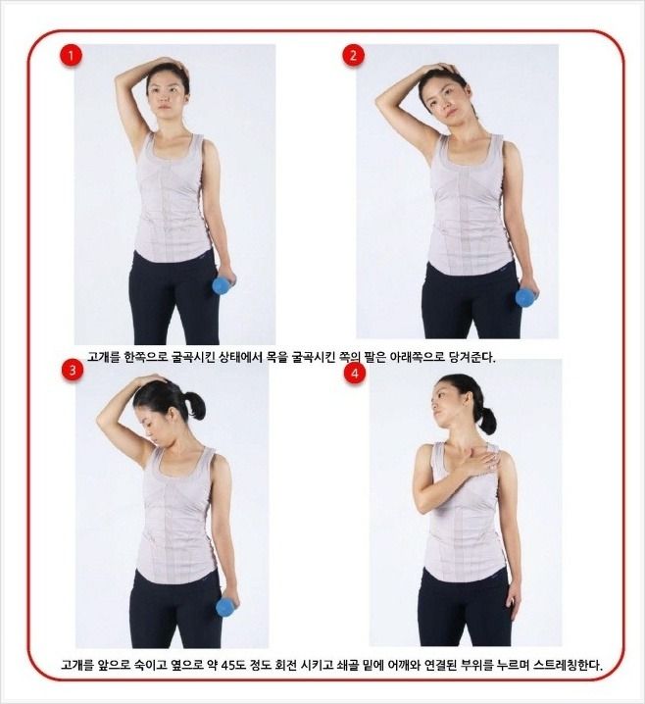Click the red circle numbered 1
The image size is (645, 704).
click(x=71, y=57)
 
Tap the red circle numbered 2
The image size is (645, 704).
click(x=354, y=56)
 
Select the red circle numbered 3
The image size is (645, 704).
click(x=73, y=371)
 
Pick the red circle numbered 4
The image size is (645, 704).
click(x=355, y=374)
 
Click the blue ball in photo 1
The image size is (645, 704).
click(x=222, y=285)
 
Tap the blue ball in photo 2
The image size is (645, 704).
click(x=523, y=298)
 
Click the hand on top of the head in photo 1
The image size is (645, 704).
click(x=170, y=64)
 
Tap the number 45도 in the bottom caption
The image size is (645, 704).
click(x=232, y=664)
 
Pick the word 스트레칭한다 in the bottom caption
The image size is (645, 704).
click(x=568, y=664)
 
